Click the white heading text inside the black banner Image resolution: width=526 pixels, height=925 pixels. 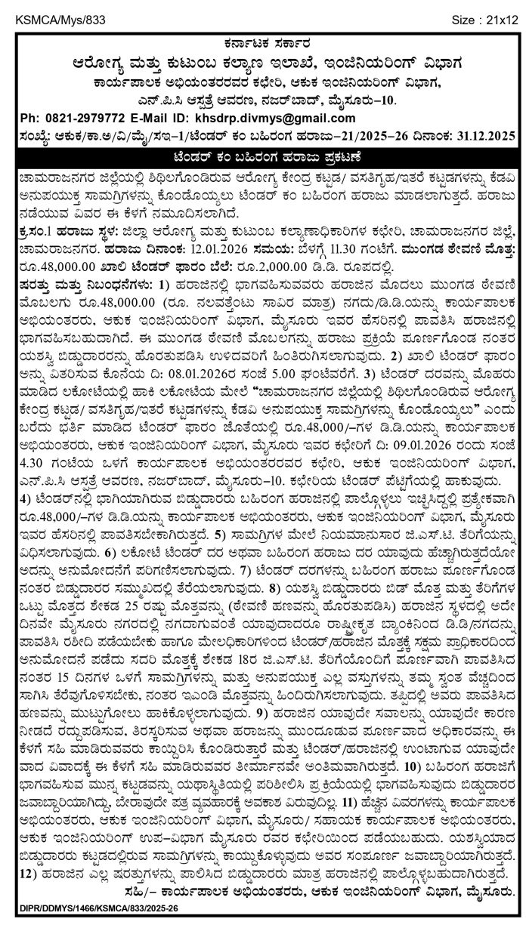(x=263, y=156)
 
